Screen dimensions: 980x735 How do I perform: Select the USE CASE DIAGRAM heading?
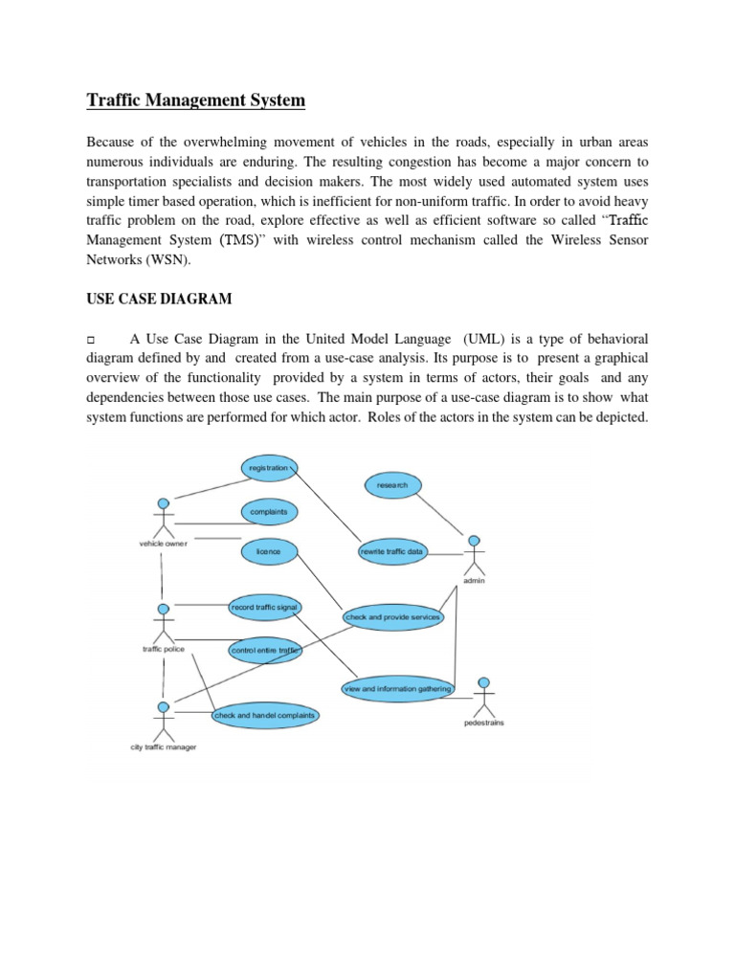click(160, 300)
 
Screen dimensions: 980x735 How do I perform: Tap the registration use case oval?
click(268, 468)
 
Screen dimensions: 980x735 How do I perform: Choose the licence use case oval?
click(268, 552)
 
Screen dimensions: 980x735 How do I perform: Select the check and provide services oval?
click(392, 617)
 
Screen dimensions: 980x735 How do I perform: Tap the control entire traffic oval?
click(264, 651)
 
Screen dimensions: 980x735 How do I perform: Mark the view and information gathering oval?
click(396, 688)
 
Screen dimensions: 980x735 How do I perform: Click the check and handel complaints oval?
click(264, 715)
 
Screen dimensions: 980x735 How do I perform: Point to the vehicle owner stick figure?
click(164, 516)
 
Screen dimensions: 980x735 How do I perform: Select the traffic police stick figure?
click(164, 621)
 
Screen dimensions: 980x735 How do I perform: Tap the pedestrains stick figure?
click(484, 697)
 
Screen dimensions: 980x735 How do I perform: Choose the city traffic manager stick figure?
click(164, 720)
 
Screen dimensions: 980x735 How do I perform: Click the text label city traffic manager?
click(164, 746)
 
